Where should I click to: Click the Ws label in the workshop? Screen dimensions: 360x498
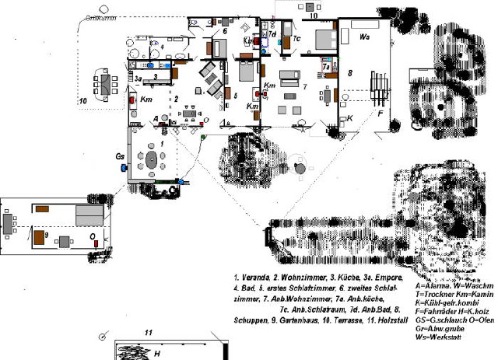click(364, 36)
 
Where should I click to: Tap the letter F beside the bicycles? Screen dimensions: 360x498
click(381, 112)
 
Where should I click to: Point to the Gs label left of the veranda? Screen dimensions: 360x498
click(120, 156)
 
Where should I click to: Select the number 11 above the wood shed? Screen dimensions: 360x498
click(148, 332)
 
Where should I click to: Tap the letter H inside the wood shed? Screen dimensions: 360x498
click(157, 353)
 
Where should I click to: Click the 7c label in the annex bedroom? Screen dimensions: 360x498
click(296, 37)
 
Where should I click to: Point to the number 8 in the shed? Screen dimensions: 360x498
click(350, 72)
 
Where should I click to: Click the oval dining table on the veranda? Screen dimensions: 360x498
click(153, 160)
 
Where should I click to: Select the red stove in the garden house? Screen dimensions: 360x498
click(95, 243)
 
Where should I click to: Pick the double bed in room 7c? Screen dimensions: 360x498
click(323, 38)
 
